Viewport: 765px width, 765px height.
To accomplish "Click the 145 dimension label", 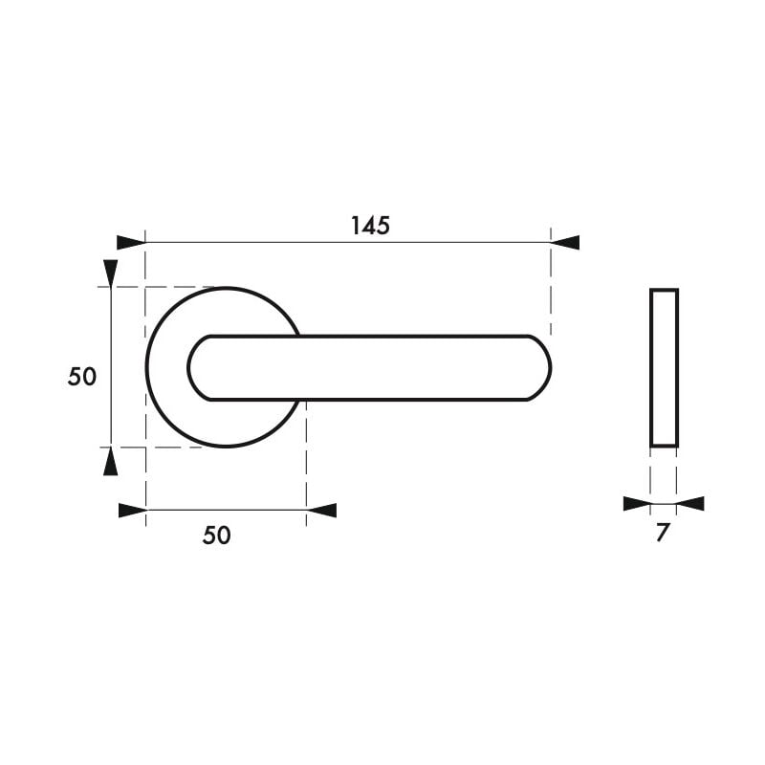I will click(x=370, y=226).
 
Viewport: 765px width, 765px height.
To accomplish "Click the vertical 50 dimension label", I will click(x=82, y=377).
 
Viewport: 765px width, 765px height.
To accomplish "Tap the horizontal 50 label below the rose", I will click(x=217, y=535).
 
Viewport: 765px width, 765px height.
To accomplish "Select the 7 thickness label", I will click(x=663, y=534).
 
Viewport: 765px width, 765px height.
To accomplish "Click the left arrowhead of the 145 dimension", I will click(x=130, y=243).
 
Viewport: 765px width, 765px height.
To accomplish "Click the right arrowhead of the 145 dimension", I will click(x=565, y=243).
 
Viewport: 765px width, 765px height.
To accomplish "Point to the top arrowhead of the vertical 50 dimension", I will click(x=111, y=273).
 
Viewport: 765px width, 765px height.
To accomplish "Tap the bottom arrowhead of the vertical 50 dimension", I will click(x=111, y=462).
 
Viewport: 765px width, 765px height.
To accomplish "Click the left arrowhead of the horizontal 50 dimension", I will click(x=132, y=511).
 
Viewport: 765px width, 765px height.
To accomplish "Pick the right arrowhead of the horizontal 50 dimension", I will click(x=322, y=511).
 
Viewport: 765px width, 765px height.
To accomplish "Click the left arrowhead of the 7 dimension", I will click(x=637, y=504).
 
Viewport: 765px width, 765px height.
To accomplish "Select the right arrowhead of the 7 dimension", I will click(x=690, y=504).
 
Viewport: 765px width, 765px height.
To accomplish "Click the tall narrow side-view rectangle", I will click(x=664, y=367).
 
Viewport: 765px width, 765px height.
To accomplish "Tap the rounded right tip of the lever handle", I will click(x=547, y=368).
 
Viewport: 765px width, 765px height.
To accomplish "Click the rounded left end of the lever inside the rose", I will click(x=194, y=368).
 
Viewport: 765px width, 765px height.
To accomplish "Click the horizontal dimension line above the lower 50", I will click(x=226, y=511).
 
